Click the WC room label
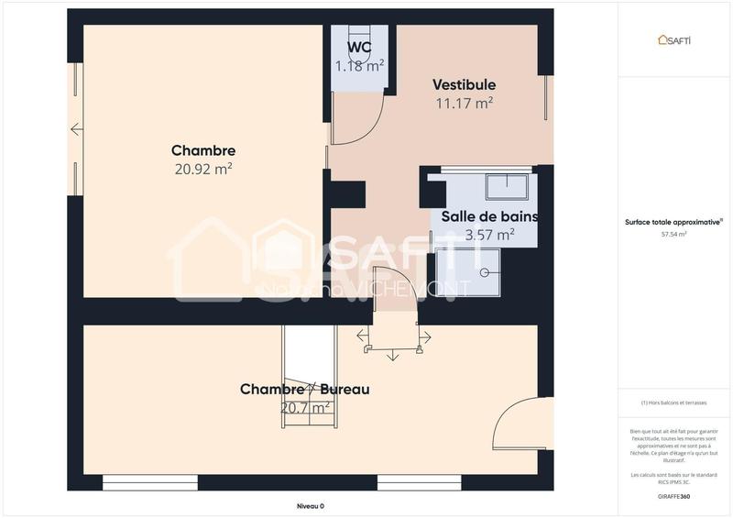359,47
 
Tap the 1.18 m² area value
359,65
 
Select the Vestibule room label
464,84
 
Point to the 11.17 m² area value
464,104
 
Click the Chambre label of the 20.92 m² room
203,150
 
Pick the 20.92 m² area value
203,169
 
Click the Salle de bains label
489,217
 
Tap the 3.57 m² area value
489,236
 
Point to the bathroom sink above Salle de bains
506,185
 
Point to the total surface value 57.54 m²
674,234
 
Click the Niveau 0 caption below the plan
310,506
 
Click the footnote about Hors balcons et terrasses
674,402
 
